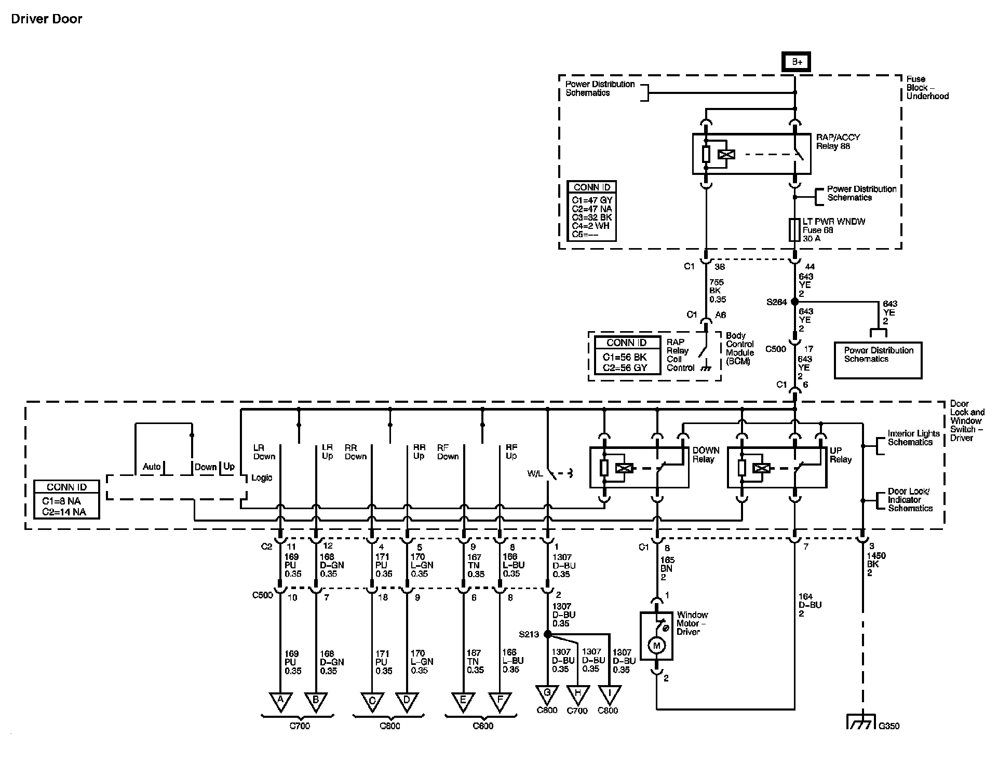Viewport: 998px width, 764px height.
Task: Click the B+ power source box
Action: coord(797,62)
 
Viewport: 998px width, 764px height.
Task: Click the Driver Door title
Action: coord(47,19)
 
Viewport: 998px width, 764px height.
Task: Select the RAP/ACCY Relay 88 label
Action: coord(838,142)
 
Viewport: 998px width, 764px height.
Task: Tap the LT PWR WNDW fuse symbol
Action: coord(794,230)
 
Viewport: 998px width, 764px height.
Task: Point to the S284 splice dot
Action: coord(794,302)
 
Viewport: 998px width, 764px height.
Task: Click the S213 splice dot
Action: coord(547,634)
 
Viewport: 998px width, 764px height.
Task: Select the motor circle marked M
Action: coord(656,646)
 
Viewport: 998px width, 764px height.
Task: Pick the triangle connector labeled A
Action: coord(280,701)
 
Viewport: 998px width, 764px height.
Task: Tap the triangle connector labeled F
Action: coord(500,701)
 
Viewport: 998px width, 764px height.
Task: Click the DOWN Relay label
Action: coord(706,455)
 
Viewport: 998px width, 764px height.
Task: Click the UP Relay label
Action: coord(840,455)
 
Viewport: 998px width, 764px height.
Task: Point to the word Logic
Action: coord(262,477)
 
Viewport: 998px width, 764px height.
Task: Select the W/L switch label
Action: coord(535,474)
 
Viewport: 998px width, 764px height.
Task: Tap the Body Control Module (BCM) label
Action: coord(739,349)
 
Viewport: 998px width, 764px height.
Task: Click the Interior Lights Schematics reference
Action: coord(913,438)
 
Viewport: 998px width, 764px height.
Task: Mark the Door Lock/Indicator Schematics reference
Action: coord(910,500)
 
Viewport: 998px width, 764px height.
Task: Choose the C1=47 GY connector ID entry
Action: coord(592,200)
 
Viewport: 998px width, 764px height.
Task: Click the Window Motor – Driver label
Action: coord(692,623)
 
